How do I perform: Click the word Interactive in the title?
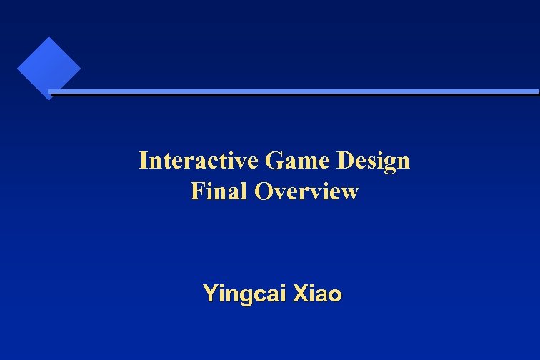click(199, 161)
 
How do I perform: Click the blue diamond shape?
click(48, 69)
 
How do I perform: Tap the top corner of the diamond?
click(49, 38)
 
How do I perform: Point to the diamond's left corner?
click(18, 69)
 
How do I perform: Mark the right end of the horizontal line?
click(536, 91)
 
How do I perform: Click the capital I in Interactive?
click(143, 161)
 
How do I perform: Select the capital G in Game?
click(272, 161)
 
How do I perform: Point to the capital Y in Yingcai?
click(209, 293)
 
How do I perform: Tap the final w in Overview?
click(349, 194)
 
